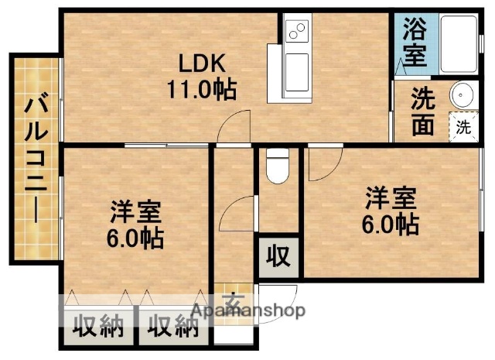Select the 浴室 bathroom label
pyautogui.click(x=414, y=43)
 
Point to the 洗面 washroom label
pyautogui.click(x=422, y=112)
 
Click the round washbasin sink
pyautogui.click(x=463, y=95)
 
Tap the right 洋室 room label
pyautogui.click(x=391, y=199)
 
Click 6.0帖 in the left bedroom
pyautogui.click(x=135, y=238)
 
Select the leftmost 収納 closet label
pyautogui.click(x=98, y=327)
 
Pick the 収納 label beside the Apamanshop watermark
pyautogui.click(x=169, y=327)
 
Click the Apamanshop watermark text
pyautogui.click(x=247, y=310)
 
